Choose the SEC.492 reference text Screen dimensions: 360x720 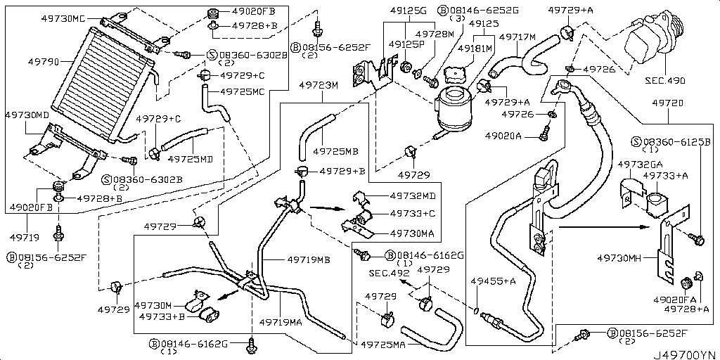(390, 273)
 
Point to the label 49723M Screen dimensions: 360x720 (319, 84)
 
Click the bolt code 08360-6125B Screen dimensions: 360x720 (676, 141)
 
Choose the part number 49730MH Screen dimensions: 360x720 (621, 259)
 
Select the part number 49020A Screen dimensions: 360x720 (503, 135)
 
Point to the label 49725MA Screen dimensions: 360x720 (383, 345)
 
